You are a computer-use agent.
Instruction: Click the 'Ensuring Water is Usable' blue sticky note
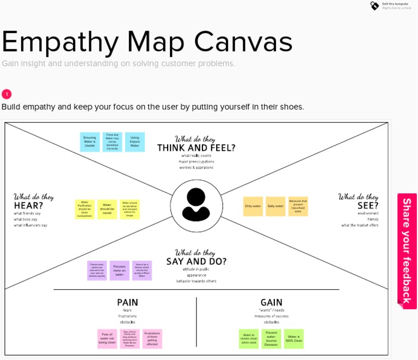tap(90, 142)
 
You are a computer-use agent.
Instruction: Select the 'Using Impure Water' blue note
tap(135, 142)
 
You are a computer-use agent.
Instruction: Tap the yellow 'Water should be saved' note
tap(107, 209)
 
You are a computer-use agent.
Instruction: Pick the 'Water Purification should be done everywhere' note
tap(84, 209)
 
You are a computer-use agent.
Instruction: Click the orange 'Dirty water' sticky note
tap(253, 206)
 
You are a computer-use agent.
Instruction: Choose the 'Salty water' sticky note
tap(275, 206)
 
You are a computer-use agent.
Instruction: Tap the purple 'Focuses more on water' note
tap(119, 270)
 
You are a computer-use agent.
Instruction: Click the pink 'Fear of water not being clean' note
tap(107, 339)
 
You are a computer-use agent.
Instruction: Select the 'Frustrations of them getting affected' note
tap(152, 339)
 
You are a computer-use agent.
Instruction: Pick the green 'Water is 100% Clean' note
tap(294, 339)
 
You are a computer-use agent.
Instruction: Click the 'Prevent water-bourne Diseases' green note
tap(271, 339)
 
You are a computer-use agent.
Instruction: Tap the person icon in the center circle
tap(196, 205)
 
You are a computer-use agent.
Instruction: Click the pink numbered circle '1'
tap(7, 94)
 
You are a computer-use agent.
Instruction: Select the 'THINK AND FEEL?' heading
tap(196, 148)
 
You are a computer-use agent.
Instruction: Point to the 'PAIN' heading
tap(127, 302)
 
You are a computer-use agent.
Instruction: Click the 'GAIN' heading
tap(271, 302)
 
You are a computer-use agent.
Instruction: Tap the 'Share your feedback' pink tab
tap(407, 251)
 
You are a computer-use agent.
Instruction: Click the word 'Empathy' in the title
tap(59, 41)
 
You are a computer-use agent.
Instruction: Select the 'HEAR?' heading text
tap(28, 205)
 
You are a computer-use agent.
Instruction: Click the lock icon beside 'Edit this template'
tap(374, 5)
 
